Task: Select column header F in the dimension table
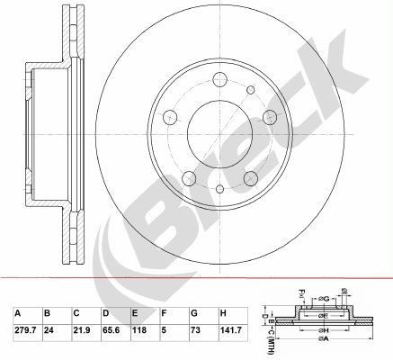[163, 314]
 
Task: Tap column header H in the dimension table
[221, 314]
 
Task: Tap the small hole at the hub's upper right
[267, 114]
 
